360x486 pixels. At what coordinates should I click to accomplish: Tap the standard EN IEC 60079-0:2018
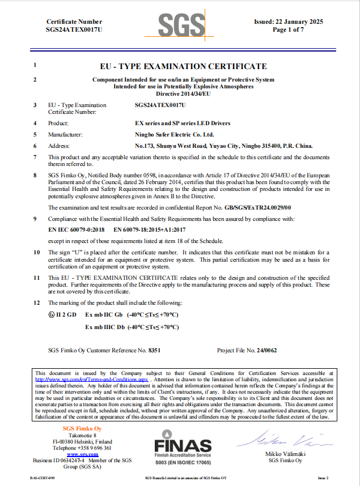tap(77, 231)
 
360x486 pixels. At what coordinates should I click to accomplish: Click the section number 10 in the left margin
tap(36, 251)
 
